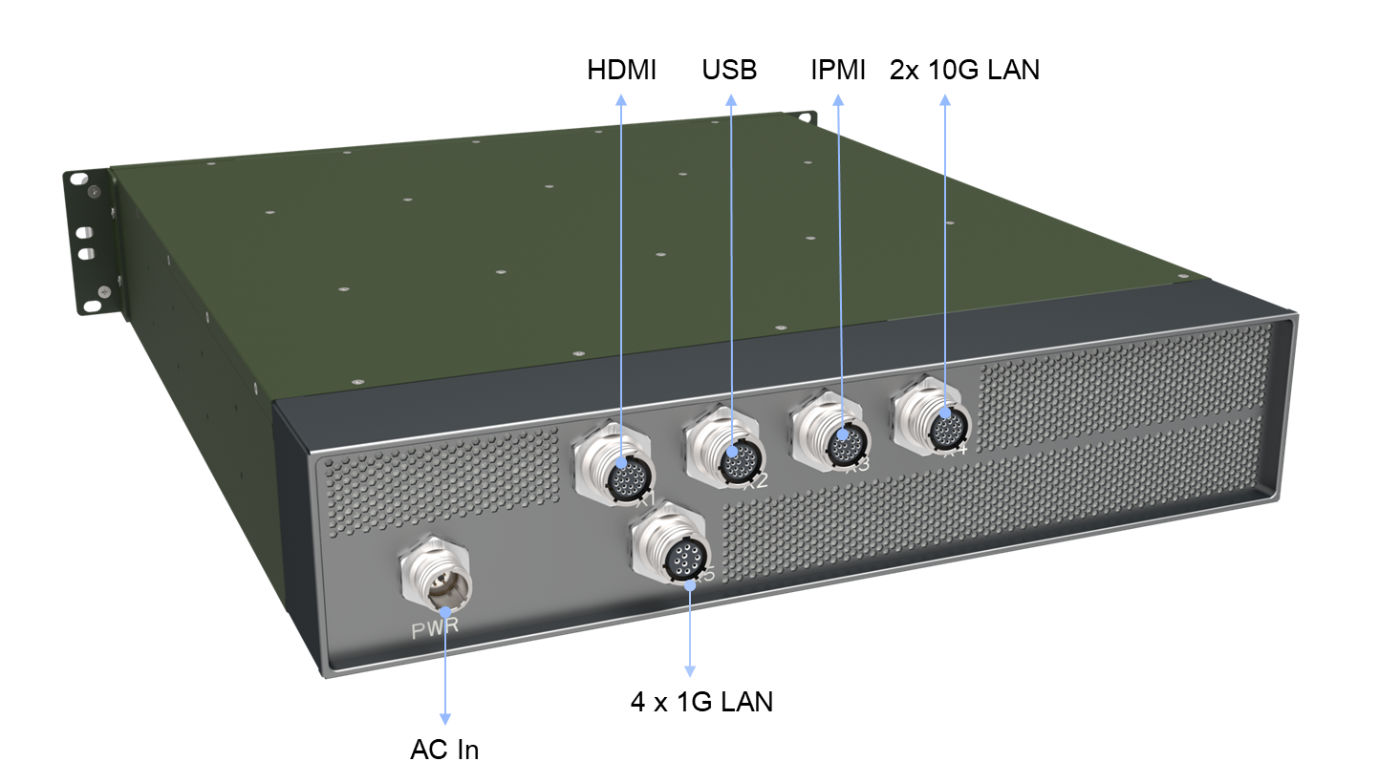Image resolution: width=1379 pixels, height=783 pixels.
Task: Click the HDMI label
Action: (621, 70)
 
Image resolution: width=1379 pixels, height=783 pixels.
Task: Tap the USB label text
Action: (729, 70)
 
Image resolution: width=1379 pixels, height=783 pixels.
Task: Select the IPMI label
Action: (837, 70)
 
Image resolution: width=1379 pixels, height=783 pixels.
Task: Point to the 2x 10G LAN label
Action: (963, 70)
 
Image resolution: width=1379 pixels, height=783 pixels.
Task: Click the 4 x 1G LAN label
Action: (701, 702)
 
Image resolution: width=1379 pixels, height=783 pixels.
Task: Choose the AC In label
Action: (444, 751)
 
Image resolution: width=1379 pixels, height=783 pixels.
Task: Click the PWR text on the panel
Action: (435, 629)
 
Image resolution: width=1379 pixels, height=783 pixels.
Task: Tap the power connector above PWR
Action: (436, 580)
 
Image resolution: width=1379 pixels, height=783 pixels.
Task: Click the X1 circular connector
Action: (616, 464)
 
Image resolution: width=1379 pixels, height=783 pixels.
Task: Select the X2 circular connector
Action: (728, 453)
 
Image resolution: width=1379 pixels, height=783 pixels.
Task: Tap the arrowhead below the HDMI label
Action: (621, 97)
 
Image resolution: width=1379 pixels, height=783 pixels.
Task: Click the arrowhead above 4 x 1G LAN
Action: (690, 672)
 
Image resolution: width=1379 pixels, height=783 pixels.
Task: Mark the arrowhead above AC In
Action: (444, 718)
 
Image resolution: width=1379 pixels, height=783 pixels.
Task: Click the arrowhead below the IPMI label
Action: (838, 97)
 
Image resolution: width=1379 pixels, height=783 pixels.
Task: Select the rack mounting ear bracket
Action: (88, 243)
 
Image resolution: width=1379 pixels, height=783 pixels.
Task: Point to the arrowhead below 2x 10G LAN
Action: (945, 97)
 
